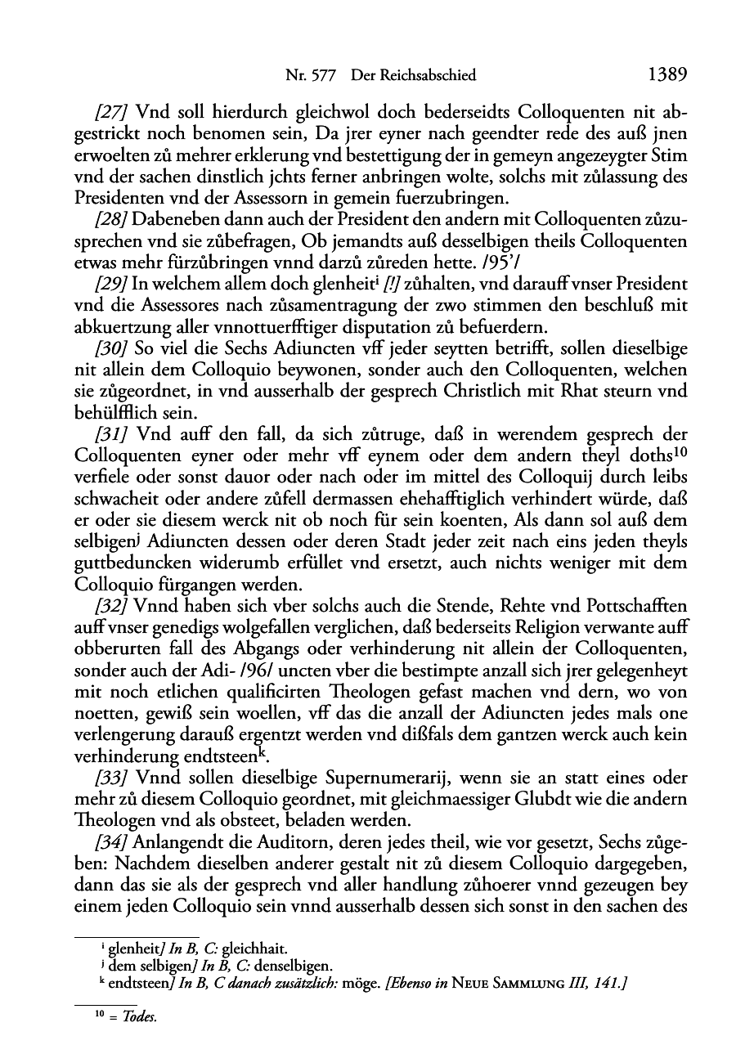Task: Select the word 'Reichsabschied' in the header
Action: pyautogui.click(x=424, y=76)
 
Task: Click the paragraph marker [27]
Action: pyautogui.click(x=112, y=112)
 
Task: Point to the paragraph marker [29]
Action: pyautogui.click(x=112, y=283)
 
